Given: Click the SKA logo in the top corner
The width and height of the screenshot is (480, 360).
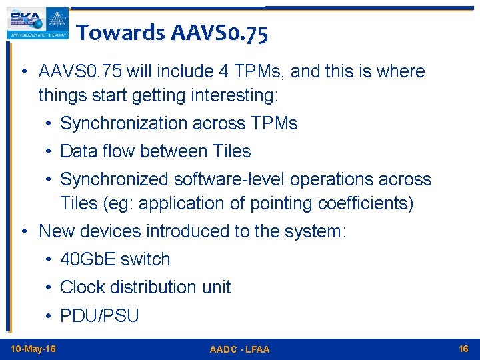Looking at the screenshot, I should click(x=37, y=23).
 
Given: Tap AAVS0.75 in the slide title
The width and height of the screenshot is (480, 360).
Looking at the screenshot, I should click(x=219, y=33).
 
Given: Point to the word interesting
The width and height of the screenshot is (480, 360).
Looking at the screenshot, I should click(x=234, y=95).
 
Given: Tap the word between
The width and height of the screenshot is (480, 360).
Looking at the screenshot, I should click(x=174, y=151).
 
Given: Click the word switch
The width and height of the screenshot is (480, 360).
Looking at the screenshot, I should click(x=145, y=259).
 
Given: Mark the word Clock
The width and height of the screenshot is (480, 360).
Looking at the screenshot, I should click(x=83, y=287).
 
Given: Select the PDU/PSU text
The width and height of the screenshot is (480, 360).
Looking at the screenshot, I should click(x=99, y=315).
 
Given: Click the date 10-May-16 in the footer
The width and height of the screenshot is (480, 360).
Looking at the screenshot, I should click(x=33, y=349).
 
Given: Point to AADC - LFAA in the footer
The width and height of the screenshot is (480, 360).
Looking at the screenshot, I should click(x=239, y=349).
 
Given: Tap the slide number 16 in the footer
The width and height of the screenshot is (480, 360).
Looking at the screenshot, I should click(x=463, y=349).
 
